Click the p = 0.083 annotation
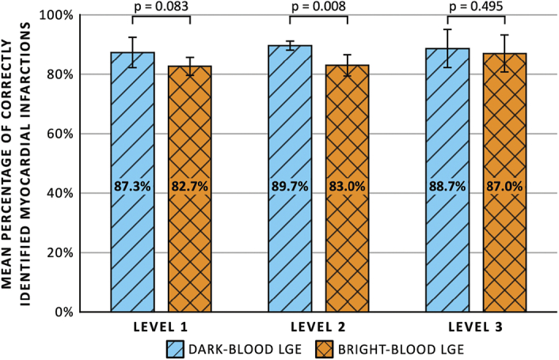[x=161, y=6]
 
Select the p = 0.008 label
[x=318, y=6]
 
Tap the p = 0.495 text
[x=476, y=6]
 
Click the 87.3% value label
[x=132, y=186]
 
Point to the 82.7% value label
[x=190, y=186]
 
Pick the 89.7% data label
[x=290, y=186]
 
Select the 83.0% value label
[x=347, y=186]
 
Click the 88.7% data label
[x=447, y=186]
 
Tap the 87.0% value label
[x=504, y=186]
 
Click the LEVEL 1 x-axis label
[x=161, y=327]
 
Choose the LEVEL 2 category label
[x=318, y=327]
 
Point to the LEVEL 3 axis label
[x=476, y=327]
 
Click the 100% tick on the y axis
[x=57, y=16]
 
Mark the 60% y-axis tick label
[x=60, y=135]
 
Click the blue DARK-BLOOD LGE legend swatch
[x=176, y=349]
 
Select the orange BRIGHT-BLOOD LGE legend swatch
[x=324, y=349]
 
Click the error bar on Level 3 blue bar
[x=447, y=48]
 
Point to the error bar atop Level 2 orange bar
[x=347, y=65]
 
